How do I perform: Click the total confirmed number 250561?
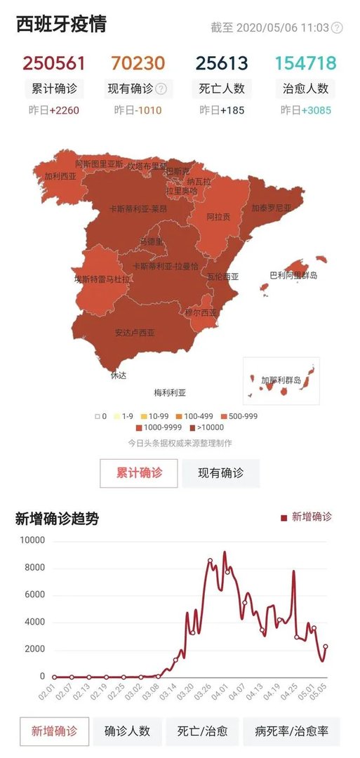click(54, 63)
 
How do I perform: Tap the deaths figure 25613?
click(222, 63)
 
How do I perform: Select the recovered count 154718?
click(305, 63)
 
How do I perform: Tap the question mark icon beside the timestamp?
click(337, 28)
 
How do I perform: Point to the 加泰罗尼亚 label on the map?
click(272, 208)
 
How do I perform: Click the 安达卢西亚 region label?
click(135, 333)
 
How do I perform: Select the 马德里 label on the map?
click(152, 241)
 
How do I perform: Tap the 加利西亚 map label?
click(60, 177)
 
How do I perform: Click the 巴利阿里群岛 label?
click(293, 275)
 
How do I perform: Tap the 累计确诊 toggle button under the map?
click(139, 473)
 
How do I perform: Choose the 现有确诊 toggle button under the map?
click(220, 473)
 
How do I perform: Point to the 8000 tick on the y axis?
click(33, 568)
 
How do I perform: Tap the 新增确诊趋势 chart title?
click(57, 519)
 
